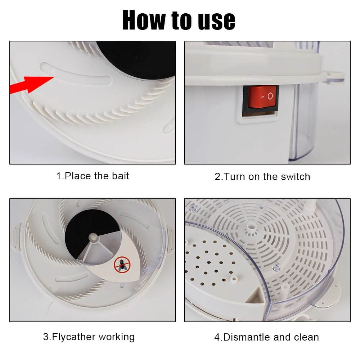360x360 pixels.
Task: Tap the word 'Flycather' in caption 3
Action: (74, 337)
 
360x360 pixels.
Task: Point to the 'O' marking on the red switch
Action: (270, 96)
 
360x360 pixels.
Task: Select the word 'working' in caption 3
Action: (117, 337)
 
